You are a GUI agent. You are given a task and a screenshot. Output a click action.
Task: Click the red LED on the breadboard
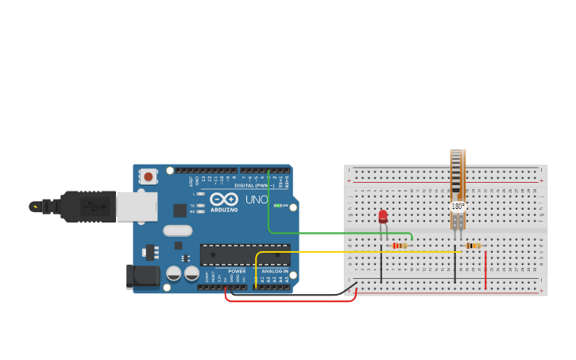(x=383, y=216)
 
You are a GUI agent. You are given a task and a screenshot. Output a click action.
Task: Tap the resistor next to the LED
(x=400, y=246)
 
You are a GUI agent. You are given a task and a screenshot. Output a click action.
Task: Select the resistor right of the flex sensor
(x=474, y=246)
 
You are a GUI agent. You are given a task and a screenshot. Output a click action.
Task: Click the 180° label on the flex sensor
(x=458, y=206)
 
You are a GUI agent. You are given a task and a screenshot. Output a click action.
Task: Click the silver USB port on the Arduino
(x=137, y=206)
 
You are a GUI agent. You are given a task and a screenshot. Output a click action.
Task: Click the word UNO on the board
(x=257, y=199)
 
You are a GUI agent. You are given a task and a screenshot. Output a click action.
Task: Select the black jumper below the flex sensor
(x=455, y=266)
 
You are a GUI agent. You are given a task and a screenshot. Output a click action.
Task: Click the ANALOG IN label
(x=275, y=272)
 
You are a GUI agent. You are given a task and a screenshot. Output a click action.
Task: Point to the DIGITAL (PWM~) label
(x=254, y=185)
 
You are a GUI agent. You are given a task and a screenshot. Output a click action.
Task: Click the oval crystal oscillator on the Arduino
(x=178, y=230)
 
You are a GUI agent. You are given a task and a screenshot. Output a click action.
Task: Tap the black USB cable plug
(x=87, y=206)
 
